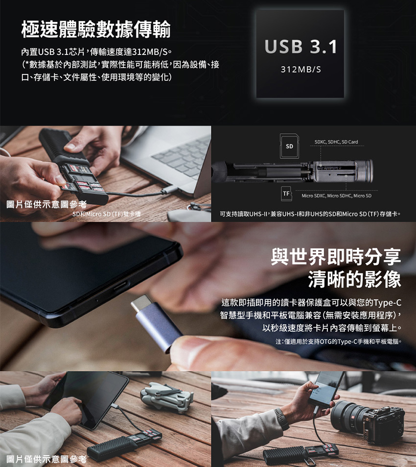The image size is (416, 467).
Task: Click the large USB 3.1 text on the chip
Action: [300, 47]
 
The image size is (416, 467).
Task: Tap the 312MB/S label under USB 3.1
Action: [300, 70]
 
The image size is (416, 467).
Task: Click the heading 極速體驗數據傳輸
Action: [96, 29]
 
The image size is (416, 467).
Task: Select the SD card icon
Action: [289, 146]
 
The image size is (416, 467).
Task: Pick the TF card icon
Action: [287, 194]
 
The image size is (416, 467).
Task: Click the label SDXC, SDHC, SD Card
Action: [336, 142]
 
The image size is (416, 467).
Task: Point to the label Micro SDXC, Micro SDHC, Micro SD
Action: [336, 196]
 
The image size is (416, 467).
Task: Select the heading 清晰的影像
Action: [354, 279]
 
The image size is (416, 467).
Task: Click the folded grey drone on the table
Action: [167, 397]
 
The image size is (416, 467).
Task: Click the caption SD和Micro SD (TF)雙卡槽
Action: [107, 214]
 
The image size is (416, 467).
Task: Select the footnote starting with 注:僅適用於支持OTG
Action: [338, 342]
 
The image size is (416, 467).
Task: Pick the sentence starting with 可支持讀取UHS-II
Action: [310, 214]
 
